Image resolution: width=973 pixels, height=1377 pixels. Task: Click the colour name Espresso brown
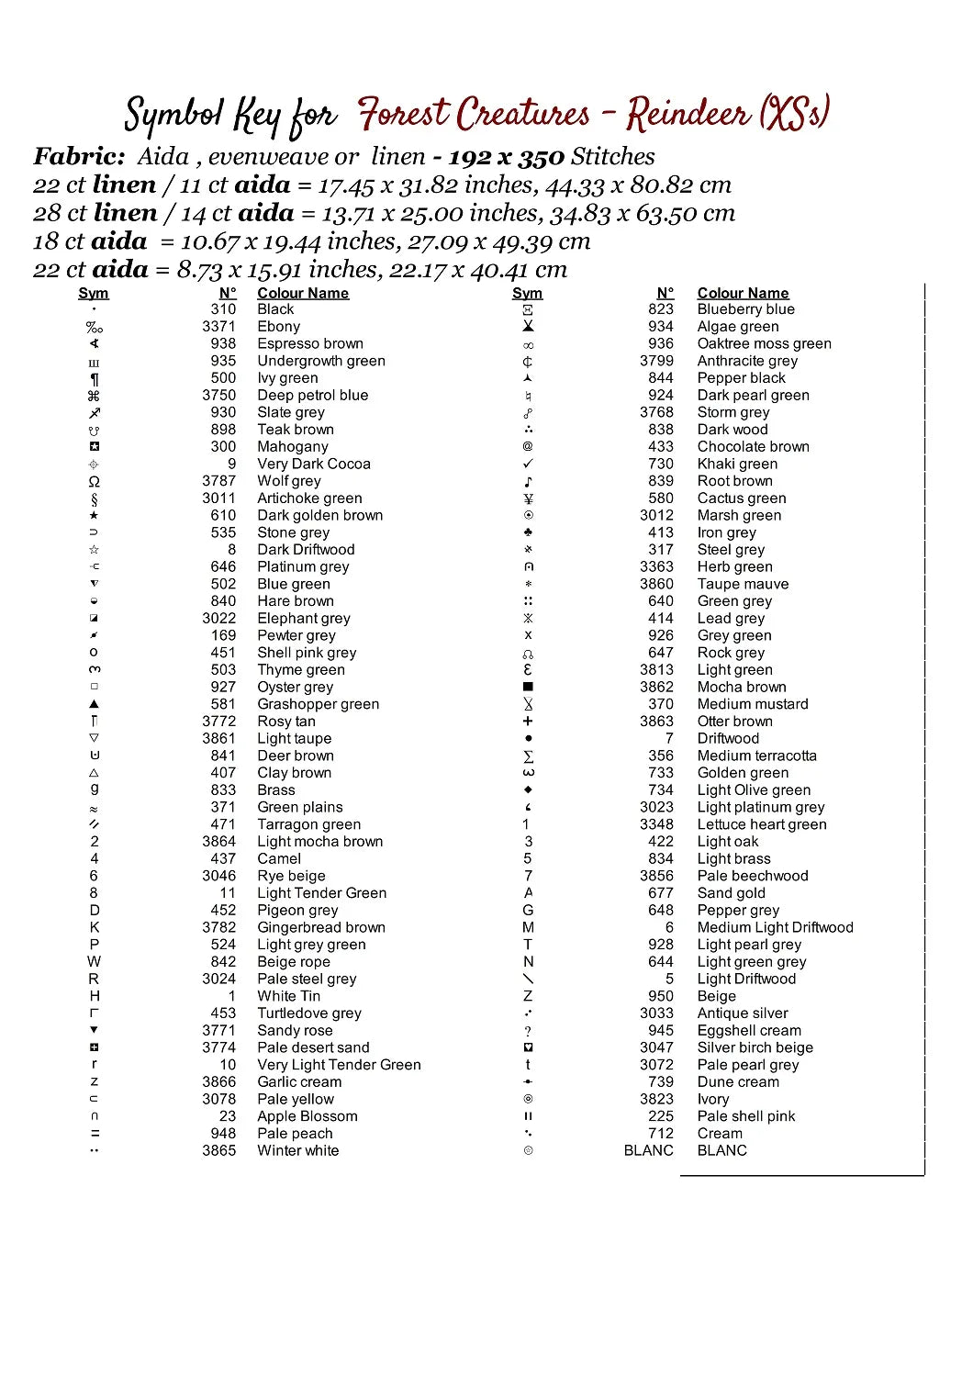309,343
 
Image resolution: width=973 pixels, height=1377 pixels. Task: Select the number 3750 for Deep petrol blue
218,395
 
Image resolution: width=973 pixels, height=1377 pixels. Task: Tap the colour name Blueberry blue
745,309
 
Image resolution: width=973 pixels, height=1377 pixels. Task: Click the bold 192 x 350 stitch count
506,157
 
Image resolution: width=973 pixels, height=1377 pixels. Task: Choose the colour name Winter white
297,1150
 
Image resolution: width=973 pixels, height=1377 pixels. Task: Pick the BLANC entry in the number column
648,1150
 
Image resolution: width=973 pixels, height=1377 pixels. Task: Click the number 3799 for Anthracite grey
656,361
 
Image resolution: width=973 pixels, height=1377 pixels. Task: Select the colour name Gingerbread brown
320,927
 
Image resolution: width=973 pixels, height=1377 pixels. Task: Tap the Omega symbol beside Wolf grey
94,481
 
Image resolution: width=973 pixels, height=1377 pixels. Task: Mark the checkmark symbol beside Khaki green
528,464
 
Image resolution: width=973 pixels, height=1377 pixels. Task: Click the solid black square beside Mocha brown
528,687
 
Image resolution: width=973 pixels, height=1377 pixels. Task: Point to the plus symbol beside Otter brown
528,722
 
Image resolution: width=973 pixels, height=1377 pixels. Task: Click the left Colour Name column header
303,293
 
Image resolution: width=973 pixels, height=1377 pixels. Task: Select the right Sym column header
527,293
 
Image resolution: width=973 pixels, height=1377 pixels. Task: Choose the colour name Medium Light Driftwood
775,927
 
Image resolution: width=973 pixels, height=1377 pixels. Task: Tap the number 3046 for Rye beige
218,876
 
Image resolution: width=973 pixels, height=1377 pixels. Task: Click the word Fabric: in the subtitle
79,157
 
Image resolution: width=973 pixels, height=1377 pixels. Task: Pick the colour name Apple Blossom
307,1116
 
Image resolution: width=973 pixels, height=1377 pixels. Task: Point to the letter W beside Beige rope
94,961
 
